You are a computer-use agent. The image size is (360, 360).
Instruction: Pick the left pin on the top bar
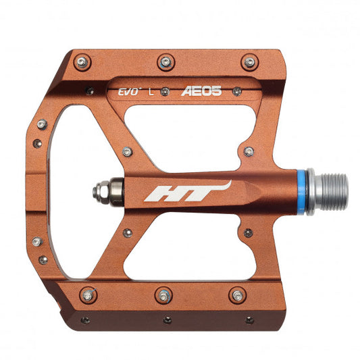(x=82, y=62)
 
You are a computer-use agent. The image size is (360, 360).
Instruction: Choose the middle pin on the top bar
(x=165, y=62)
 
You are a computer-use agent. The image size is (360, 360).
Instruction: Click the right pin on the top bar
(x=249, y=63)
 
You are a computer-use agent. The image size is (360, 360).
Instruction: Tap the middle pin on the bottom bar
(x=163, y=294)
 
